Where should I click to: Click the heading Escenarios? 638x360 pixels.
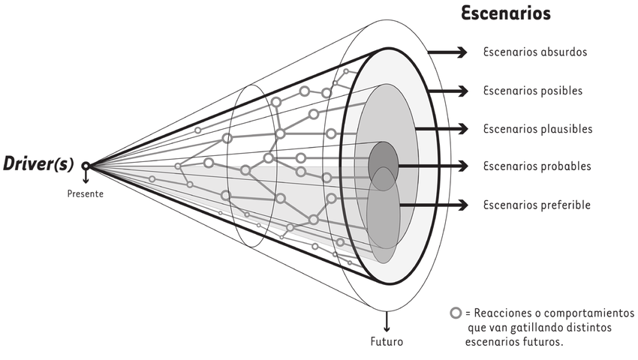pyautogui.click(x=505, y=13)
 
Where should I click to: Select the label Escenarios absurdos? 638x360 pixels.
pyautogui.click(x=535, y=52)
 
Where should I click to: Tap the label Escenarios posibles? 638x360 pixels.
pyautogui.click(x=533, y=91)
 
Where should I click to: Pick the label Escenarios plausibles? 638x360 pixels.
pyautogui.click(x=537, y=129)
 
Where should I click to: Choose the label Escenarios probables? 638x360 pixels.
pyautogui.click(x=537, y=166)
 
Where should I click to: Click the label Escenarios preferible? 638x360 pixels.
pyautogui.click(x=537, y=205)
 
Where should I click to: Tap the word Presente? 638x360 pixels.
pyautogui.click(x=85, y=193)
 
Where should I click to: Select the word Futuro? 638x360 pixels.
pyautogui.click(x=387, y=342)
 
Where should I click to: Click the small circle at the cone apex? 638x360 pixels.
pyautogui.click(x=86, y=166)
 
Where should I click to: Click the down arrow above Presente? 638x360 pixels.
pyautogui.click(x=86, y=178)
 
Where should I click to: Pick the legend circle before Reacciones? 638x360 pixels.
pyautogui.click(x=456, y=313)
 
